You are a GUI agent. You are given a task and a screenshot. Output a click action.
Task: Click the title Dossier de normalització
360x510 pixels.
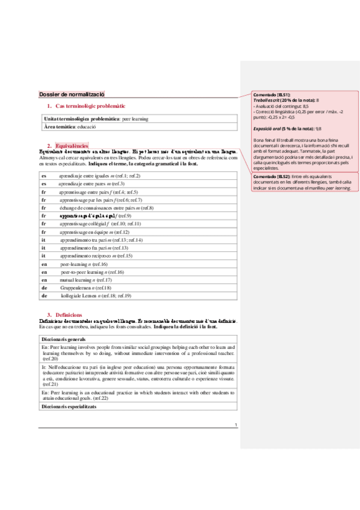(72, 94)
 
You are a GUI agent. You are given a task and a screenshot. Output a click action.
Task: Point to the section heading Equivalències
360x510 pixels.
(72, 145)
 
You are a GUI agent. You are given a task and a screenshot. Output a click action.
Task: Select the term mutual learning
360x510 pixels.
(78, 280)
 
